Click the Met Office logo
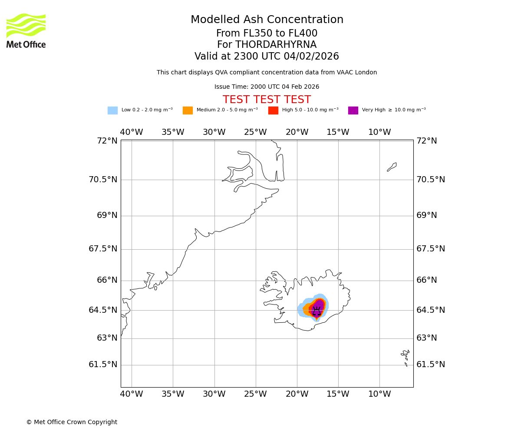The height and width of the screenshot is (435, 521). [26, 30]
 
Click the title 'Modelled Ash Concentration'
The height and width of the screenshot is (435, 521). [267, 20]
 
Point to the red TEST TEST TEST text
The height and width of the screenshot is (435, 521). [267, 100]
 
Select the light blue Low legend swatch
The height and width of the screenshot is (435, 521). [112, 110]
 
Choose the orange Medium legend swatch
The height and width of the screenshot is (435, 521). [188, 110]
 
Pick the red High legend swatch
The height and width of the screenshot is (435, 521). [273, 110]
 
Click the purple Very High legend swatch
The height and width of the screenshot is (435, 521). [353, 110]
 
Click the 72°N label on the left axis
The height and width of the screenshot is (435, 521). [107, 141]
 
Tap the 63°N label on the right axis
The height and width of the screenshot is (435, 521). [427, 338]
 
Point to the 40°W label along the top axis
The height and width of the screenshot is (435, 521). [131, 132]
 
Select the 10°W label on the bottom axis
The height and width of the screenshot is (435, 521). [379, 394]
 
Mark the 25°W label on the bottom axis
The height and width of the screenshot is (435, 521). [255, 394]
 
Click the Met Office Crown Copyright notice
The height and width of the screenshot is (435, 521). [72, 422]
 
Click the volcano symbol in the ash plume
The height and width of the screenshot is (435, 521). [317, 311]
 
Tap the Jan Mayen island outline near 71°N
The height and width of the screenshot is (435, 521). [392, 167]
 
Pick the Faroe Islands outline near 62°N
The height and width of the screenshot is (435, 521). [406, 356]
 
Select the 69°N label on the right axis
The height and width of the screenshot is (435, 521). [427, 215]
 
